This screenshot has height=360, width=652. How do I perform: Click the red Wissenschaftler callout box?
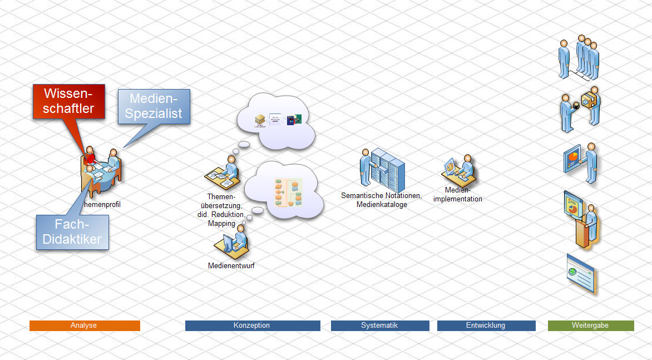[x=68, y=101]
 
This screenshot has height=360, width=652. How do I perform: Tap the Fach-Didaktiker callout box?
[x=72, y=231]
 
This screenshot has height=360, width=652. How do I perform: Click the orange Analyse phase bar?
[x=85, y=326]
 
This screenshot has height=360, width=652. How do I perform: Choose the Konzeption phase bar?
[x=253, y=326]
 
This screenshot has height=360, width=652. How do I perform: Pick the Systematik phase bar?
[x=380, y=326]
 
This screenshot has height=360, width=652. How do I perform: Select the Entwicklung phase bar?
[x=486, y=326]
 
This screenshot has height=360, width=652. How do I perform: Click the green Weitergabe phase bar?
[x=591, y=326]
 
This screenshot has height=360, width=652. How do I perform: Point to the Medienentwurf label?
[x=231, y=266]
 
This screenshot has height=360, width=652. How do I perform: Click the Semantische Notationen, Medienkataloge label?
[x=382, y=200]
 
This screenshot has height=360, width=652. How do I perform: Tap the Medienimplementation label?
[x=458, y=195]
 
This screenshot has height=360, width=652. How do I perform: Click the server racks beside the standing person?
[x=388, y=169]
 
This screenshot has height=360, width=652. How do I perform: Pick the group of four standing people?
[x=579, y=58]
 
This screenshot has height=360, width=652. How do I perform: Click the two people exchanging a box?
[x=580, y=109]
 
